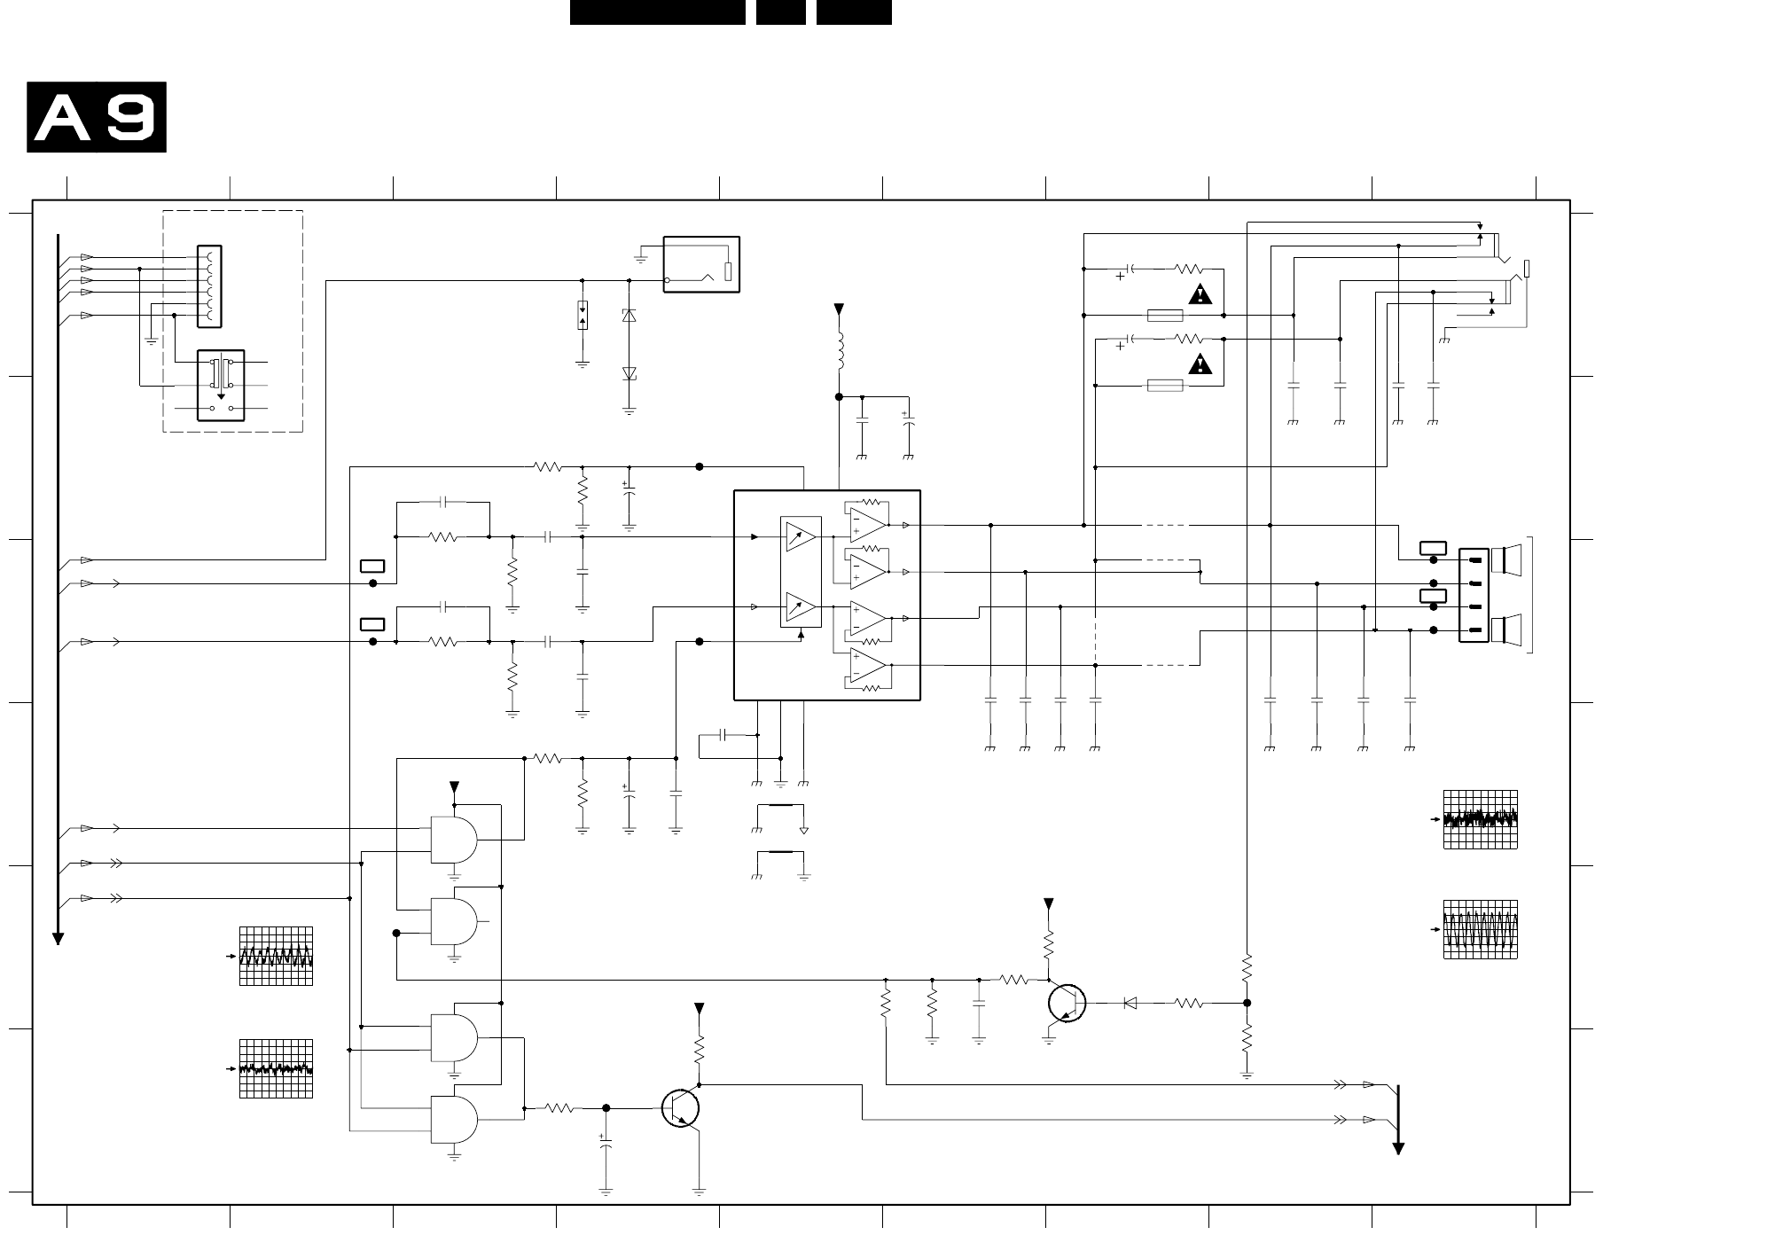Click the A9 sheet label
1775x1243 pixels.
pos(97,117)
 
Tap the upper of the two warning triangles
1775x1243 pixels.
pos(1200,294)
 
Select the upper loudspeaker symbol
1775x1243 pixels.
pos(1506,560)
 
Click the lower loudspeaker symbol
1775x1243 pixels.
pos(1506,629)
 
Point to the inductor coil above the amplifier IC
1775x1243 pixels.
pos(839,351)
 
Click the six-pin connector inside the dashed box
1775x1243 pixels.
pos(209,286)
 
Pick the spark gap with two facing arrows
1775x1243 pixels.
pos(583,315)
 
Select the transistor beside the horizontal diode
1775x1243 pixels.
pos(1066,1003)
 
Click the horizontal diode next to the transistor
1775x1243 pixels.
pos(1130,1003)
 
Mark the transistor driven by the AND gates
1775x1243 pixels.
pos(681,1108)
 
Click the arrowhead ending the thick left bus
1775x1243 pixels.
pos(58,939)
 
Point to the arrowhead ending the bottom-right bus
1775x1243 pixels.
pos(1398,1149)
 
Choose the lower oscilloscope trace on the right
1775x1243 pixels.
pos(1480,929)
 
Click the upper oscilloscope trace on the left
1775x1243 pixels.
pos(276,956)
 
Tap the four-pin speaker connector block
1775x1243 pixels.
pos(1474,595)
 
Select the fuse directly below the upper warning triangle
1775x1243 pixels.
pos(1165,315)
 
